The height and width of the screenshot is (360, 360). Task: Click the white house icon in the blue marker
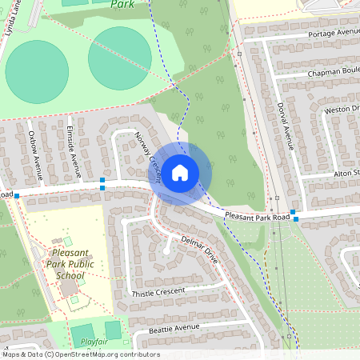click(x=180, y=172)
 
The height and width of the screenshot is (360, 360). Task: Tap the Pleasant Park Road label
click(x=257, y=216)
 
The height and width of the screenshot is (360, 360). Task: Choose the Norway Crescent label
click(x=148, y=158)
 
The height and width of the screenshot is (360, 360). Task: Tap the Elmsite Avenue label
click(x=74, y=145)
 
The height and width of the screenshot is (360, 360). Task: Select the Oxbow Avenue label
click(x=34, y=151)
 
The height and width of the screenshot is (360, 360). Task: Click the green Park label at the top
click(x=122, y=4)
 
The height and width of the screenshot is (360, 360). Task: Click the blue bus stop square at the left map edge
click(x=16, y=195)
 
